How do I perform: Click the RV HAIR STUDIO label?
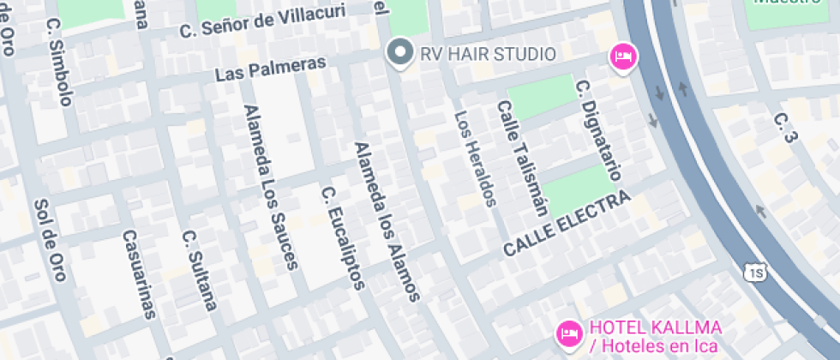pyautogui.click(x=488, y=54)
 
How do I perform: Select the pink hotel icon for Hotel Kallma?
pyautogui.click(x=567, y=332)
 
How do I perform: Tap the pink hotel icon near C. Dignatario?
pyautogui.click(x=622, y=57)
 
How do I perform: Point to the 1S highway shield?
pyautogui.click(x=755, y=273)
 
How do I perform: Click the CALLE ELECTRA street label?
pyautogui.click(x=567, y=224)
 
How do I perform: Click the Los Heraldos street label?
pyautogui.click(x=475, y=159)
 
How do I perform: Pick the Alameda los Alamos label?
pyautogui.click(x=387, y=221)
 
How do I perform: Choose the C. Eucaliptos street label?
pyautogui.click(x=343, y=237)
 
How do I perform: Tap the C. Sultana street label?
pyautogui.click(x=200, y=269)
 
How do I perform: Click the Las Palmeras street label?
pyautogui.click(x=271, y=69)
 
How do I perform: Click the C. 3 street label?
pyautogui.click(x=785, y=127)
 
